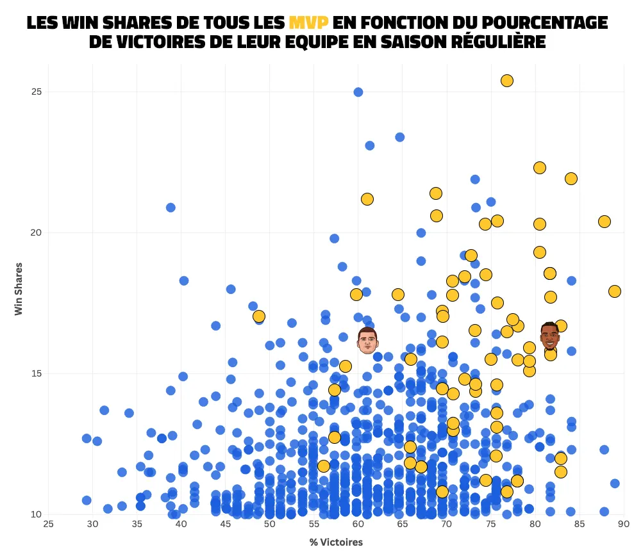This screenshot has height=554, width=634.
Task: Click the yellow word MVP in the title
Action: tap(308, 22)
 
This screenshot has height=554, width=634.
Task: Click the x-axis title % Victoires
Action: tap(336, 542)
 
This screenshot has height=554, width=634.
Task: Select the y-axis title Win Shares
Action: tap(19, 288)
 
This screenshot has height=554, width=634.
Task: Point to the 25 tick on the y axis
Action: tap(37, 92)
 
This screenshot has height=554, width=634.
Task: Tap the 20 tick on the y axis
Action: tap(37, 232)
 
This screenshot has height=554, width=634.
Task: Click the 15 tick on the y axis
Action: tap(37, 373)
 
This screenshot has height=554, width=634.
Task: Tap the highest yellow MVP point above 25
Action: tap(507, 81)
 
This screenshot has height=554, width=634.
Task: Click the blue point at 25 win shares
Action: tap(358, 92)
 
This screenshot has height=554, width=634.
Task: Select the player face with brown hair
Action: tap(367, 340)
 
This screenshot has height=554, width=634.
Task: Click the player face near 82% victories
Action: tap(549, 336)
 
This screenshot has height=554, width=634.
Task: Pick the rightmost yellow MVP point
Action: tap(615, 291)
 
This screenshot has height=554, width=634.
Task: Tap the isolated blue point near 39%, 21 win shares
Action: tap(171, 208)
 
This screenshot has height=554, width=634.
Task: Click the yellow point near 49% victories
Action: tap(259, 316)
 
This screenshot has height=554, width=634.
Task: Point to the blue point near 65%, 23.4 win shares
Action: tap(400, 137)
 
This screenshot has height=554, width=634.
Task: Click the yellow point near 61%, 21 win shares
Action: tap(367, 199)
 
